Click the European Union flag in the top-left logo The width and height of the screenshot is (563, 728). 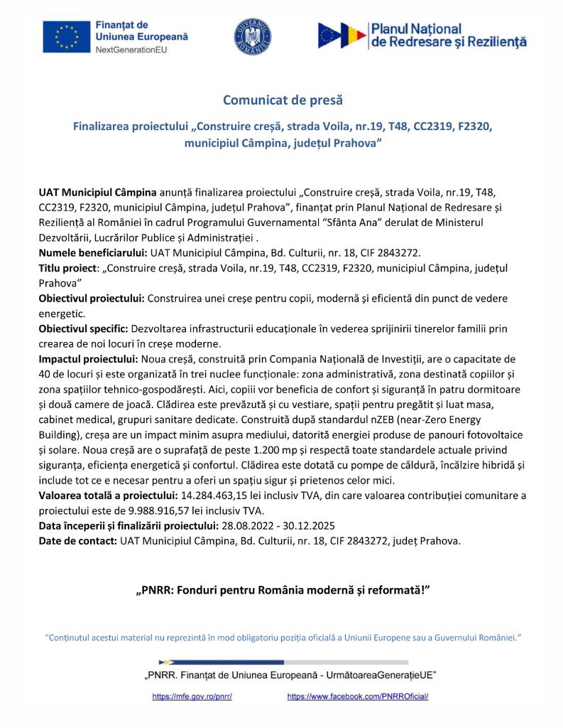(65, 36)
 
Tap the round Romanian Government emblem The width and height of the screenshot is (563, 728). (253, 37)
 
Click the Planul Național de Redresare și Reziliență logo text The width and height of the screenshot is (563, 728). (448, 36)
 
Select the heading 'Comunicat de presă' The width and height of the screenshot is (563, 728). (282, 100)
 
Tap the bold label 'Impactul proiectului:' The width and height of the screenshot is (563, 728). (89, 358)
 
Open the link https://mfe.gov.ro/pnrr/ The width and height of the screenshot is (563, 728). (192, 697)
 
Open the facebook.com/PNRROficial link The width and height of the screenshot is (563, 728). (358, 697)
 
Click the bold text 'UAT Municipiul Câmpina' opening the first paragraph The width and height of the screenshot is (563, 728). (97, 192)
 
